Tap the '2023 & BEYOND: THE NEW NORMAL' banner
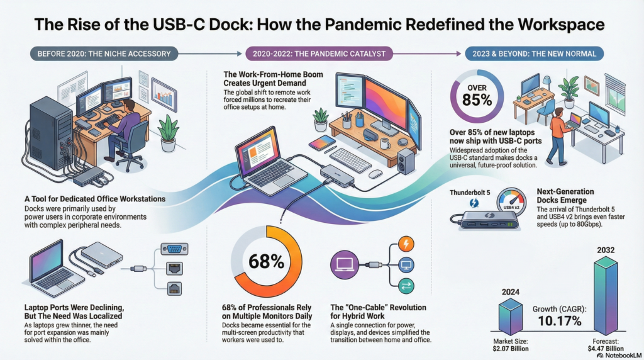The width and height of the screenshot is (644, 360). pyautogui.click(x=534, y=53)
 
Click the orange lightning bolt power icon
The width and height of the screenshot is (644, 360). pyautogui.click(x=406, y=244)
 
